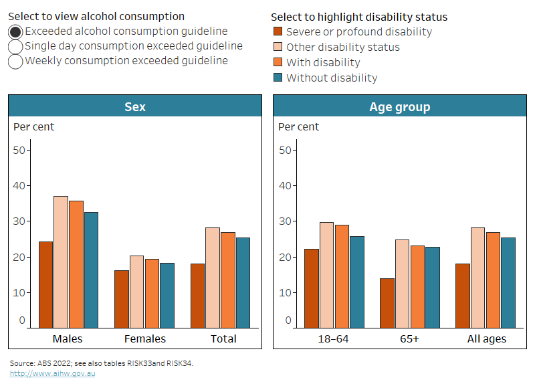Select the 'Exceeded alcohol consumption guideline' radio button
15,31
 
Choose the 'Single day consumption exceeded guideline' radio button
15,46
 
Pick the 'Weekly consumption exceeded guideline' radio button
15,61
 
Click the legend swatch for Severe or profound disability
278,31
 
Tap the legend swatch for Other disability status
278,47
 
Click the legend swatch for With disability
278,62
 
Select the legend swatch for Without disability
278,78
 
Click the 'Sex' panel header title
134,106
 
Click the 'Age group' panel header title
399,106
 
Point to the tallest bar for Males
61,261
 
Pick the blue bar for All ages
508,282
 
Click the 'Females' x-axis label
145,338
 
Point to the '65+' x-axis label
409,338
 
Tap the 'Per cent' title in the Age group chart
298,126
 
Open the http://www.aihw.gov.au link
52,373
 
